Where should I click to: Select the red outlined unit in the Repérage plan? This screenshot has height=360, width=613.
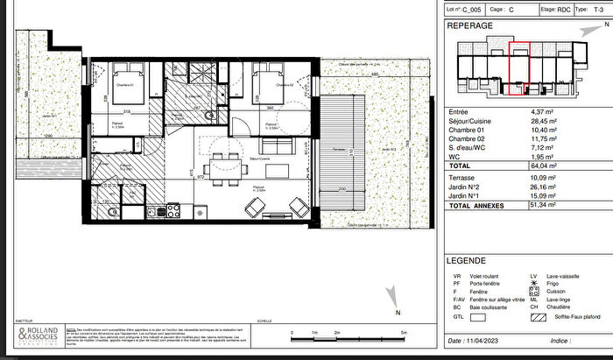pos(519,67)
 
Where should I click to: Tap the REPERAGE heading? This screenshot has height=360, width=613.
pos(470,26)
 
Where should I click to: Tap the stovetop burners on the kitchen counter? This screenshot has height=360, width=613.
pos(173,210)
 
